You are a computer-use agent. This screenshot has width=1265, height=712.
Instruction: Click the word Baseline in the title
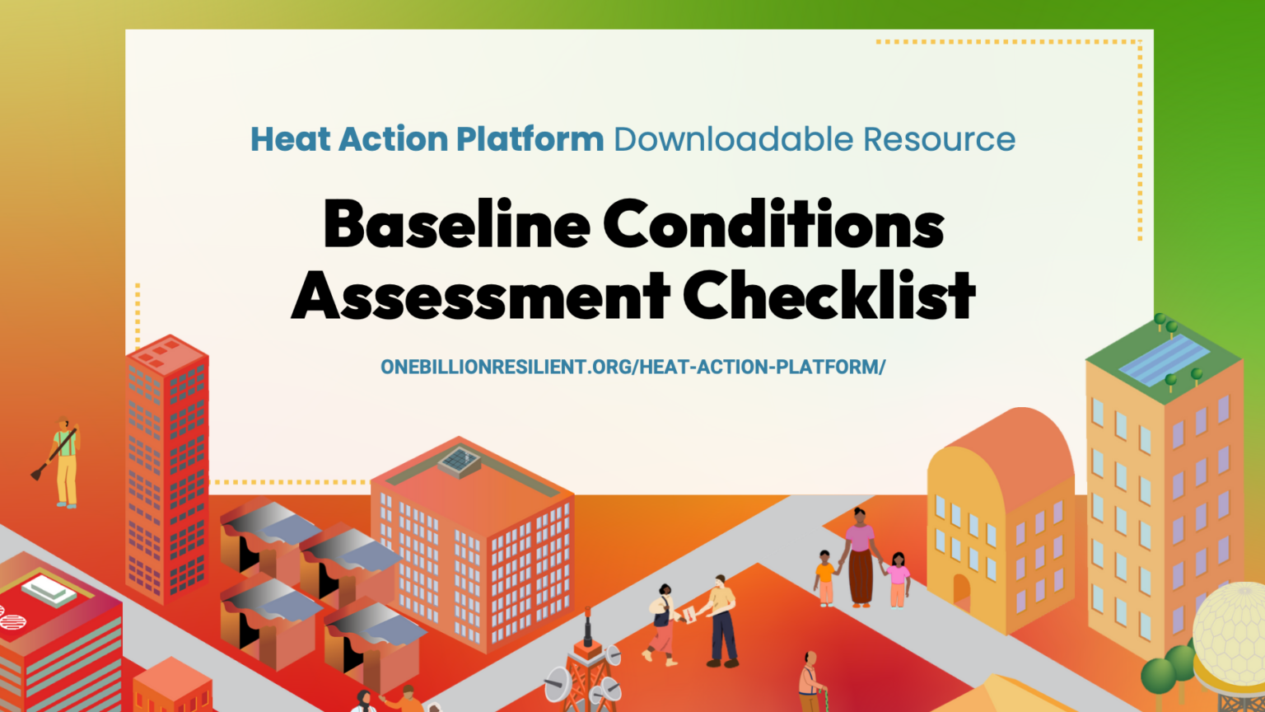click(457, 224)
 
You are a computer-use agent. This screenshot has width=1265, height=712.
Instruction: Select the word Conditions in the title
click(773, 224)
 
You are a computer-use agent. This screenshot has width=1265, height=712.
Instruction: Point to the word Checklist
click(829, 295)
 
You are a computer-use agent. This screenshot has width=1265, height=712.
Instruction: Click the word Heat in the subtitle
click(292, 139)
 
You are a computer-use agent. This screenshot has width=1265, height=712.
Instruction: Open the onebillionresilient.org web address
click(632, 367)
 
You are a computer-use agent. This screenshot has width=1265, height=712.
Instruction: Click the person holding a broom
click(64, 461)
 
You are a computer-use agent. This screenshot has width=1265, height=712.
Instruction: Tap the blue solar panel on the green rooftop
click(1163, 360)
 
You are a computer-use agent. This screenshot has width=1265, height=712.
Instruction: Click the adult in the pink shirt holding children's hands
click(860, 556)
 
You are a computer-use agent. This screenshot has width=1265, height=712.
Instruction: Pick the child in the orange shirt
click(824, 577)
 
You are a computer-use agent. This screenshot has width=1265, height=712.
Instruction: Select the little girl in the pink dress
click(898, 579)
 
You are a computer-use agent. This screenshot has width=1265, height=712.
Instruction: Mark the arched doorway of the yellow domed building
click(961, 593)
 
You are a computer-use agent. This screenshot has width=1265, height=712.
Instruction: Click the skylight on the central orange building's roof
click(460, 461)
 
